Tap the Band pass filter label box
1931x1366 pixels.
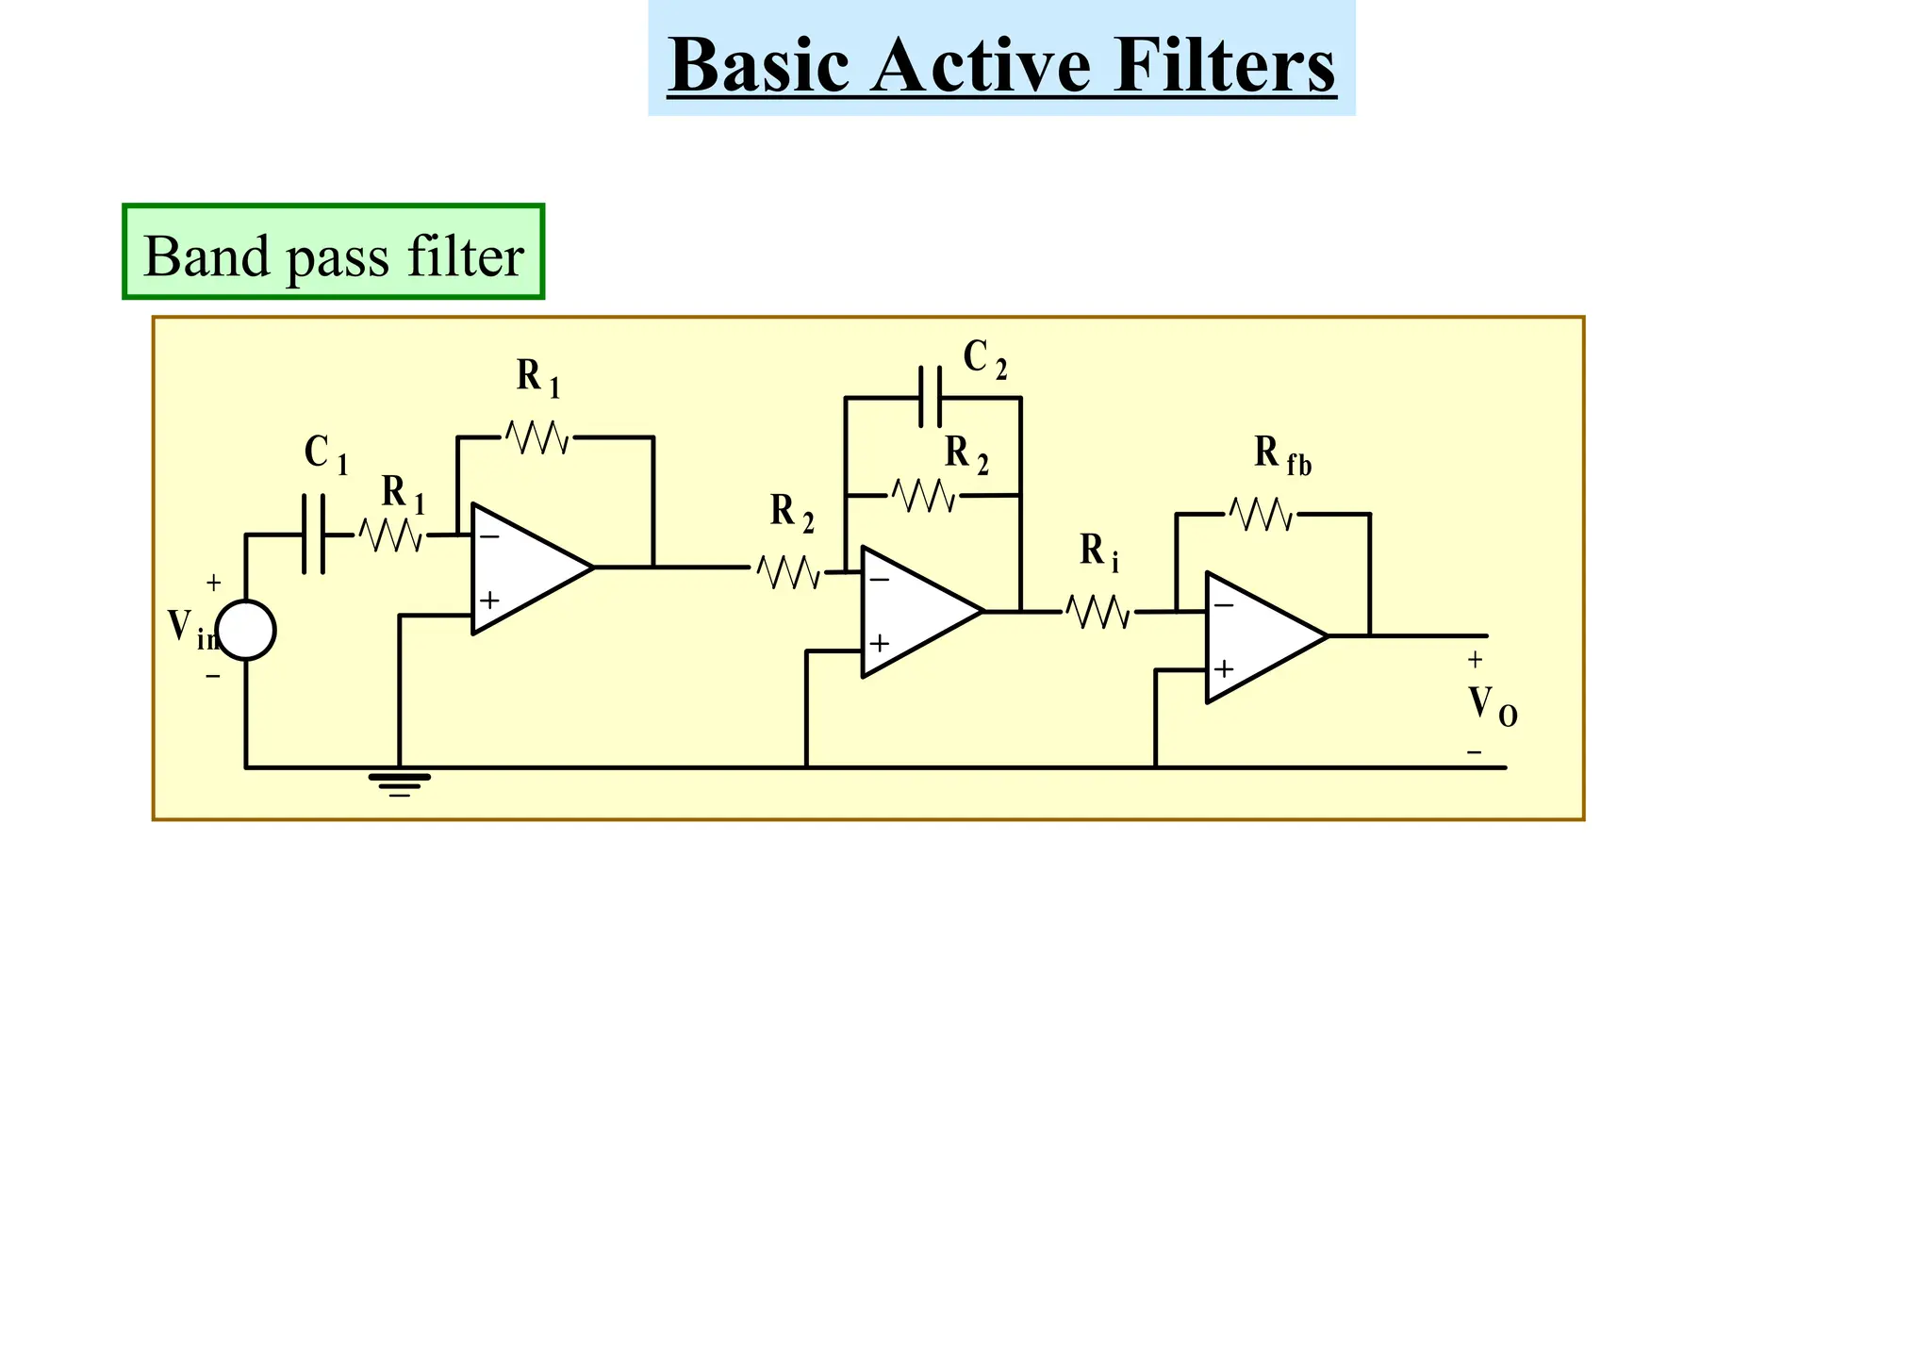[333, 253]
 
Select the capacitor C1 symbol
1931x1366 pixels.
[314, 535]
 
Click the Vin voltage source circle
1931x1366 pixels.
[246, 630]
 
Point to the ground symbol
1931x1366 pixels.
[399, 782]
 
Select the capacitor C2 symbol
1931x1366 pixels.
[931, 398]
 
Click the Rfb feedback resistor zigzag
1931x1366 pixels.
[1261, 515]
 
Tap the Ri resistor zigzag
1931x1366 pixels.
[1098, 612]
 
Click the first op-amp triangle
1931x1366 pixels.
[523, 568]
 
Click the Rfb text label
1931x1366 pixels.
[1281, 455]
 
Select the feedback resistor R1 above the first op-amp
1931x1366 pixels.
[537, 437]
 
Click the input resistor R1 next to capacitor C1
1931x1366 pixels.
[390, 535]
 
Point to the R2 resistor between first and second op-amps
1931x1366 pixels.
[788, 571]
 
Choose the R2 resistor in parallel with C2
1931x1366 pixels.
[924, 495]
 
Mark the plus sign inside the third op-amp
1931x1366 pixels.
[1224, 669]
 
